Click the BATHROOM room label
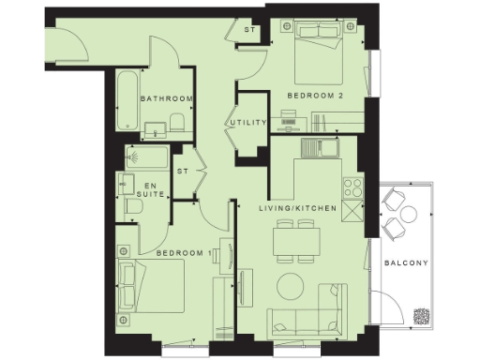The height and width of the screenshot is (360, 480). point(167,98)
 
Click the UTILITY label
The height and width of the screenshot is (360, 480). point(248,123)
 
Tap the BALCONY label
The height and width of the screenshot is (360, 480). point(406,263)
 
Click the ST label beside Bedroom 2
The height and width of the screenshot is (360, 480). point(249,31)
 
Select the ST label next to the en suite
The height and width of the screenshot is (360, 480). point(184,172)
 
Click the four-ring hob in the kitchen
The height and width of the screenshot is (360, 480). point(353,186)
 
